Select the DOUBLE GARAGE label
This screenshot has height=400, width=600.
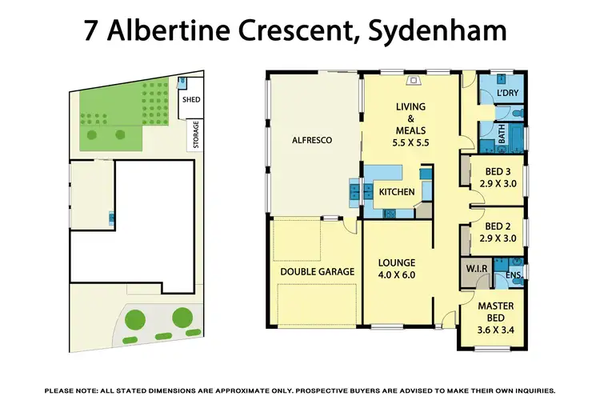317,272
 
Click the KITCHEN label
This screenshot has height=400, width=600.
396,192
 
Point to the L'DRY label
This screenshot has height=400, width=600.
507,94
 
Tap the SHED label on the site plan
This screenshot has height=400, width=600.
191,100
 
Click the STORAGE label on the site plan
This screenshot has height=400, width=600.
194,135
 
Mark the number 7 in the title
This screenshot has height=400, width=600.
92,31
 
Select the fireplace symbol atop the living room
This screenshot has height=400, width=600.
414,80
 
